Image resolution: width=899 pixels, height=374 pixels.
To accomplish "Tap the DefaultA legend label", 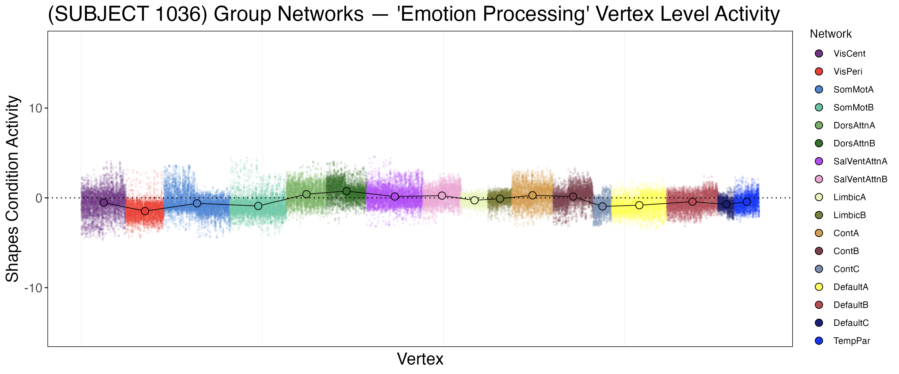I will coord(851,287).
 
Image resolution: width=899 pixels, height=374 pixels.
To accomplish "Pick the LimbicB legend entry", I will coord(850,215).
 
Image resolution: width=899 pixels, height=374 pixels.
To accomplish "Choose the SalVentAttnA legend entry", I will coord(860,161).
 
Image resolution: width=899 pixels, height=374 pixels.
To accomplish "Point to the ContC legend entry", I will coord(846,269).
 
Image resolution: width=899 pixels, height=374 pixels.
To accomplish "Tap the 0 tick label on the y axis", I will coord(39,198).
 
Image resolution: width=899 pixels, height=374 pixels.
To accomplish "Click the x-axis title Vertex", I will coord(420,359).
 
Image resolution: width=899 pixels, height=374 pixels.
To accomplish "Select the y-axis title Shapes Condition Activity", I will coord(12,188).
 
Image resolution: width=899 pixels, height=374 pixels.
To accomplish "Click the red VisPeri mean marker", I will coord(145,211).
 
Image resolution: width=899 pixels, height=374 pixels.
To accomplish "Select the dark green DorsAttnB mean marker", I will coord(347,191).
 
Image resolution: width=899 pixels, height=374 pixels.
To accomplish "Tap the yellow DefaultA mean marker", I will coord(639,205).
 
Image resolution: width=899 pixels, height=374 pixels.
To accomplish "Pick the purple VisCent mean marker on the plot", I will coord(104,202).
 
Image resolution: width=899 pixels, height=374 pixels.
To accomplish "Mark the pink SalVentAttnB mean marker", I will coord(442,195).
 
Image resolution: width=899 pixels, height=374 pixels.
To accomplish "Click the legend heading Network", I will coord(830,34).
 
